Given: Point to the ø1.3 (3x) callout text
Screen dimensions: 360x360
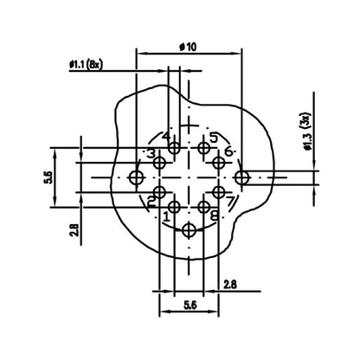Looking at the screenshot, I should click(x=306, y=133).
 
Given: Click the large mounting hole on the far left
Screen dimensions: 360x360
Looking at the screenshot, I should click(x=136, y=177).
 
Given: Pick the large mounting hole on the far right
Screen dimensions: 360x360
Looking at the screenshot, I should click(x=243, y=177).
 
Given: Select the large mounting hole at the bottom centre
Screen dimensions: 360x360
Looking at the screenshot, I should click(x=190, y=230).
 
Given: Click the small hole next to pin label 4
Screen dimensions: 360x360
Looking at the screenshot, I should click(x=175, y=149).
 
